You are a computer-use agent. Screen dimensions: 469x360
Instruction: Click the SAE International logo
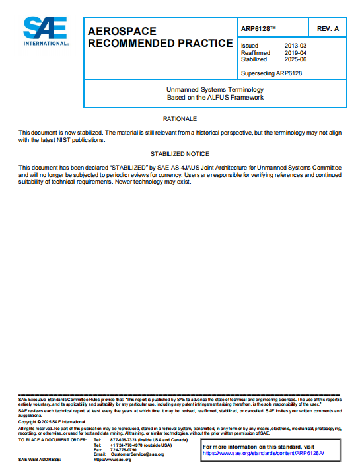point(45,31)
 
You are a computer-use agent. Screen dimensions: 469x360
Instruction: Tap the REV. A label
point(328,29)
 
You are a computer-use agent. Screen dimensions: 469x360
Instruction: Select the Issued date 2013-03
point(295,46)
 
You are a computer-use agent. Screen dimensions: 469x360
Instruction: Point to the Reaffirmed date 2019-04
point(295,52)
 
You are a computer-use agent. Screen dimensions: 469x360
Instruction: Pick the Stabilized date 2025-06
point(295,59)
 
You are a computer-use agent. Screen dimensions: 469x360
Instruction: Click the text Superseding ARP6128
point(271,73)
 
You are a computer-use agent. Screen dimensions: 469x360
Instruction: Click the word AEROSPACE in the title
point(122,32)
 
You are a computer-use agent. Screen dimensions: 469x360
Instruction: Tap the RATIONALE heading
point(180,119)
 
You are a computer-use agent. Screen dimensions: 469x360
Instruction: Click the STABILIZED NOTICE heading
point(180,154)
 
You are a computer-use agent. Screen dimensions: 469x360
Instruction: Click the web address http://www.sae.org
point(113,460)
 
